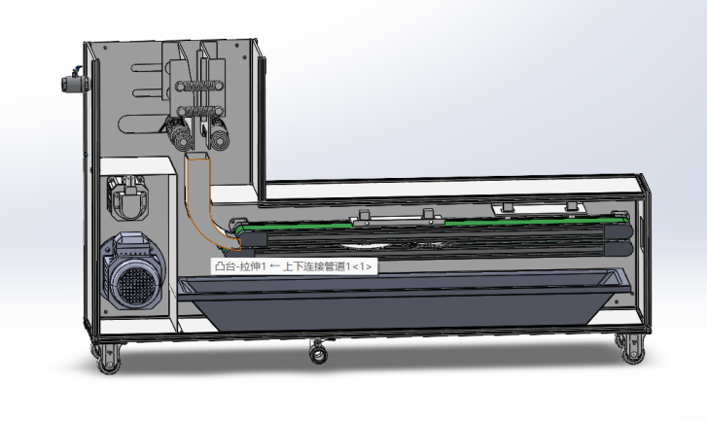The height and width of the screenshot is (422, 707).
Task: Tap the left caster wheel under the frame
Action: coord(108,358)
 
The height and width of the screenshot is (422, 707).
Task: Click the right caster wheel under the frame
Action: coord(632,348)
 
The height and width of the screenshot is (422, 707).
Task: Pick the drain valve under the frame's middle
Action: coord(319,351)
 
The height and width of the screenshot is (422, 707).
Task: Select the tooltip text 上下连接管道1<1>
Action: coord(328,266)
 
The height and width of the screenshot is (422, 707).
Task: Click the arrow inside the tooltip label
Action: coord(274,266)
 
